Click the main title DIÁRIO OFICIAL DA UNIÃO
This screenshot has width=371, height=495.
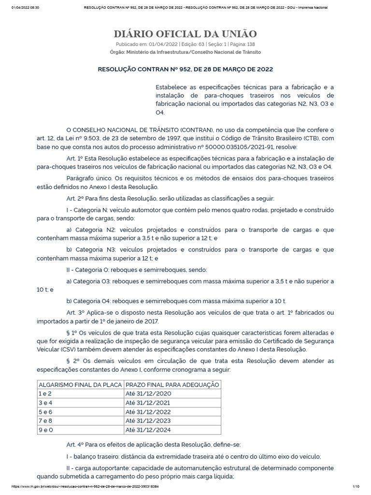click(185, 34)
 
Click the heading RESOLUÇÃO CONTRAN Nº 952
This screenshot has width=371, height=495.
click(185, 69)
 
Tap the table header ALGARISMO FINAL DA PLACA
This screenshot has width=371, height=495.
click(80, 384)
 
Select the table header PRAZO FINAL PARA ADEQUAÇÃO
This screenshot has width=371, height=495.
click(172, 384)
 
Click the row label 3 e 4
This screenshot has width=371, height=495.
click(46, 403)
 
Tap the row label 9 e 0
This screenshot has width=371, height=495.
click(46, 429)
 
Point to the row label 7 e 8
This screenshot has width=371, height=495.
click(46, 421)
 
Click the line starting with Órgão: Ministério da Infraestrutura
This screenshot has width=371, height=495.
click(185, 52)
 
